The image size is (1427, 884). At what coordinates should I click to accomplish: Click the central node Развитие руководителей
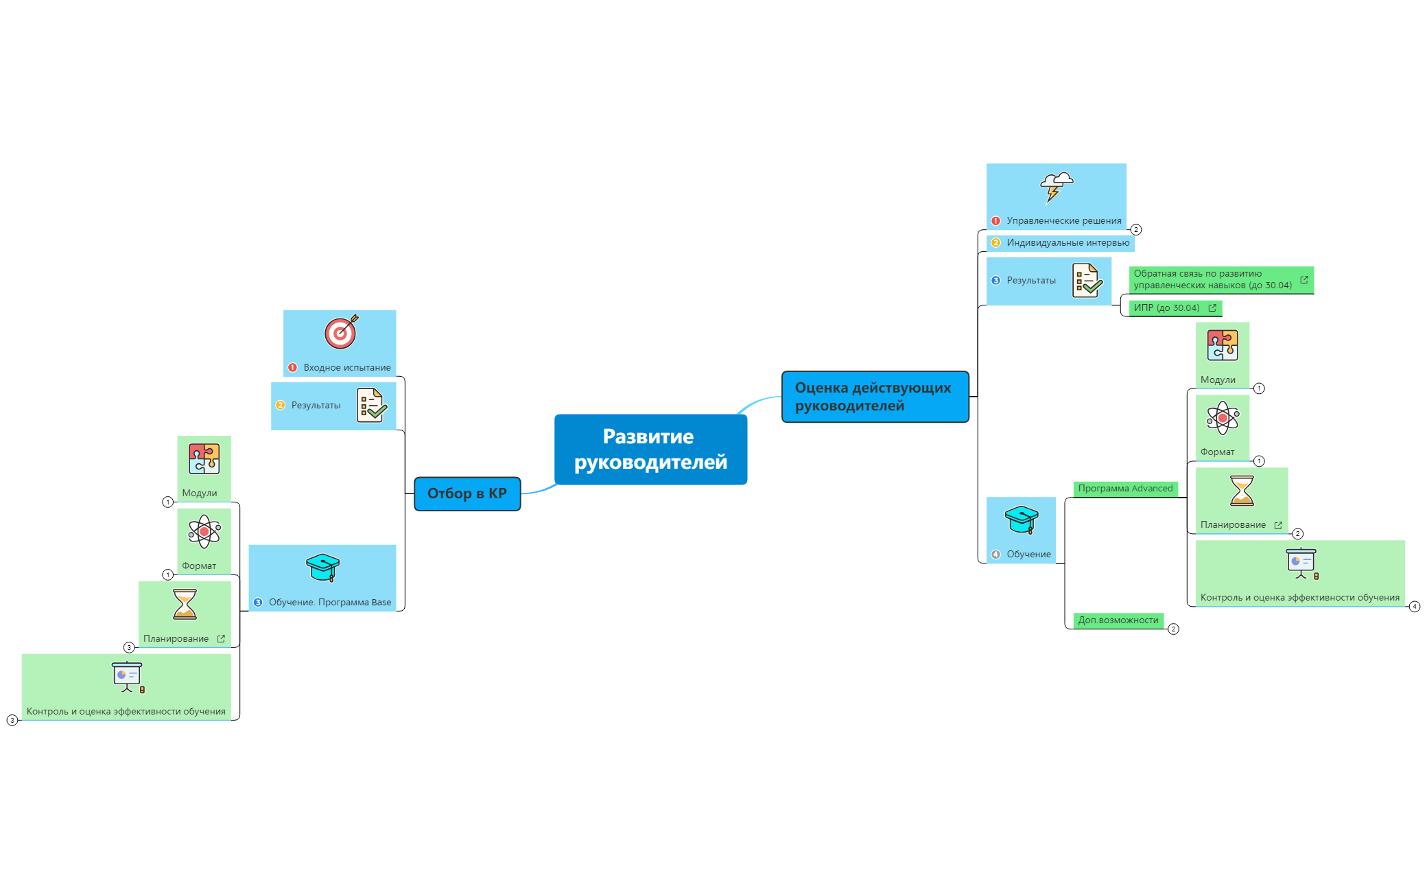pos(650,450)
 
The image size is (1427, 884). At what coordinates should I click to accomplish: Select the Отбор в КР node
pos(467,493)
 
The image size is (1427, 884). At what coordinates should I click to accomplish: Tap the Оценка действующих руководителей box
pos(875,397)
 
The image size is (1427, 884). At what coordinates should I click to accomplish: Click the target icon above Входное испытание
pos(341,332)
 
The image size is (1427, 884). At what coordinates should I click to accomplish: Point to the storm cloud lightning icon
pos(1056,187)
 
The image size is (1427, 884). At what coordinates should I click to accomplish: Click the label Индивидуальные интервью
pos(1068,243)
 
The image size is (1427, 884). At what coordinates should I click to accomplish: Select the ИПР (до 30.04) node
pos(1167,308)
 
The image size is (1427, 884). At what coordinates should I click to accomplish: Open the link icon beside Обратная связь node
pos(1304,280)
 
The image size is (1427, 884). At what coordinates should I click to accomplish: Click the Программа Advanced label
pos(1125,489)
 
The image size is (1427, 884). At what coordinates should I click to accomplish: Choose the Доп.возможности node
pos(1118,620)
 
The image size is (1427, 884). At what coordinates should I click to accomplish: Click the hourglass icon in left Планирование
pos(185,605)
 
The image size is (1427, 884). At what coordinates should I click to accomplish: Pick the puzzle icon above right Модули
pos(1223,345)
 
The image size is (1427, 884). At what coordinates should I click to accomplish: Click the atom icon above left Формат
pos(204,531)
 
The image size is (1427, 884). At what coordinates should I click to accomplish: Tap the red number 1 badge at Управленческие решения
pos(995,221)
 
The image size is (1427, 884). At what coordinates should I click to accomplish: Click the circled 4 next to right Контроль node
pos(1414,607)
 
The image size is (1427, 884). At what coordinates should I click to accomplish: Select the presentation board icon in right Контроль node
pos(1301,563)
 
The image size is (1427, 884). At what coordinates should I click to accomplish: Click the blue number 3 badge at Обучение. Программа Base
pos(258,603)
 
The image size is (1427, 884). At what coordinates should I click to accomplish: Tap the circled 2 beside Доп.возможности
pos(1173,629)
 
